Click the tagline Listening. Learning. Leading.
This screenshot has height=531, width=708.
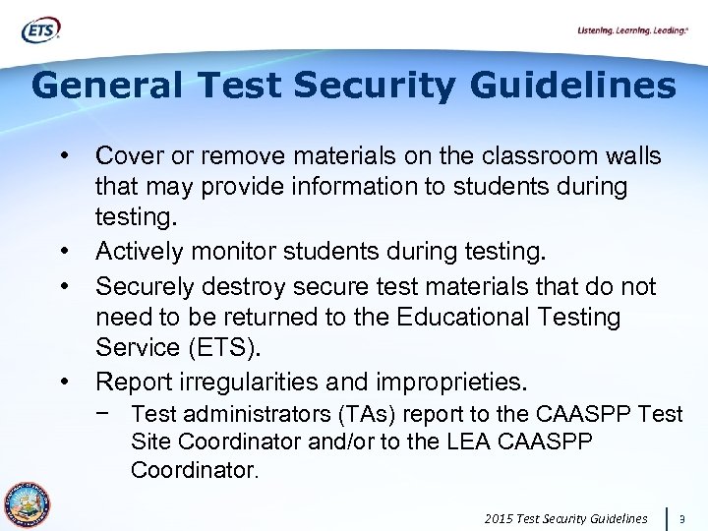[631, 31]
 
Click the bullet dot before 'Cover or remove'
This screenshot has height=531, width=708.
[67, 157]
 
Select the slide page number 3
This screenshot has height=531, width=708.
[684, 517]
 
